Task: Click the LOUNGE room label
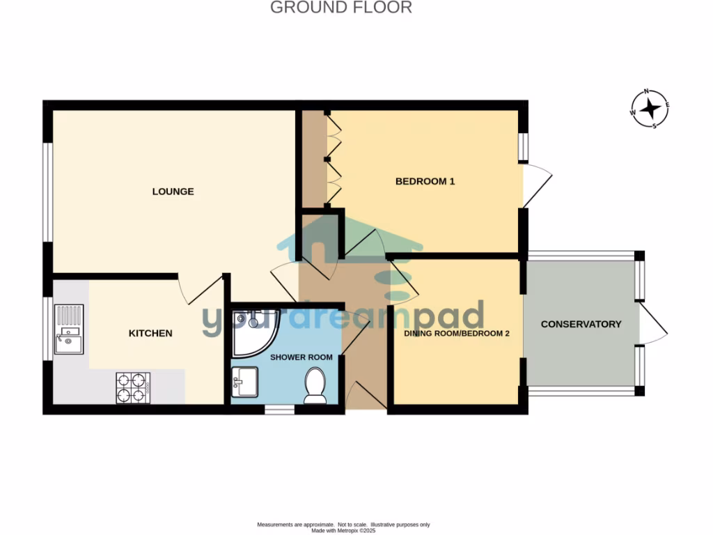click(x=173, y=192)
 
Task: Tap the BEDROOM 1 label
click(x=425, y=182)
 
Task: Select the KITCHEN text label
click(x=150, y=334)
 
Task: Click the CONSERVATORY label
click(x=581, y=324)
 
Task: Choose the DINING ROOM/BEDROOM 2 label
click(x=457, y=334)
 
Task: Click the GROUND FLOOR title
click(x=341, y=8)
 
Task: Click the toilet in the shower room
click(x=315, y=385)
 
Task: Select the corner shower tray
click(x=252, y=329)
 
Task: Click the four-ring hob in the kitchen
click(x=133, y=388)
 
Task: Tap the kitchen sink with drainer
click(x=69, y=329)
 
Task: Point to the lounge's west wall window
click(x=49, y=192)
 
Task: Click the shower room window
click(x=279, y=410)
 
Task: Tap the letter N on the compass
click(x=646, y=91)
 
